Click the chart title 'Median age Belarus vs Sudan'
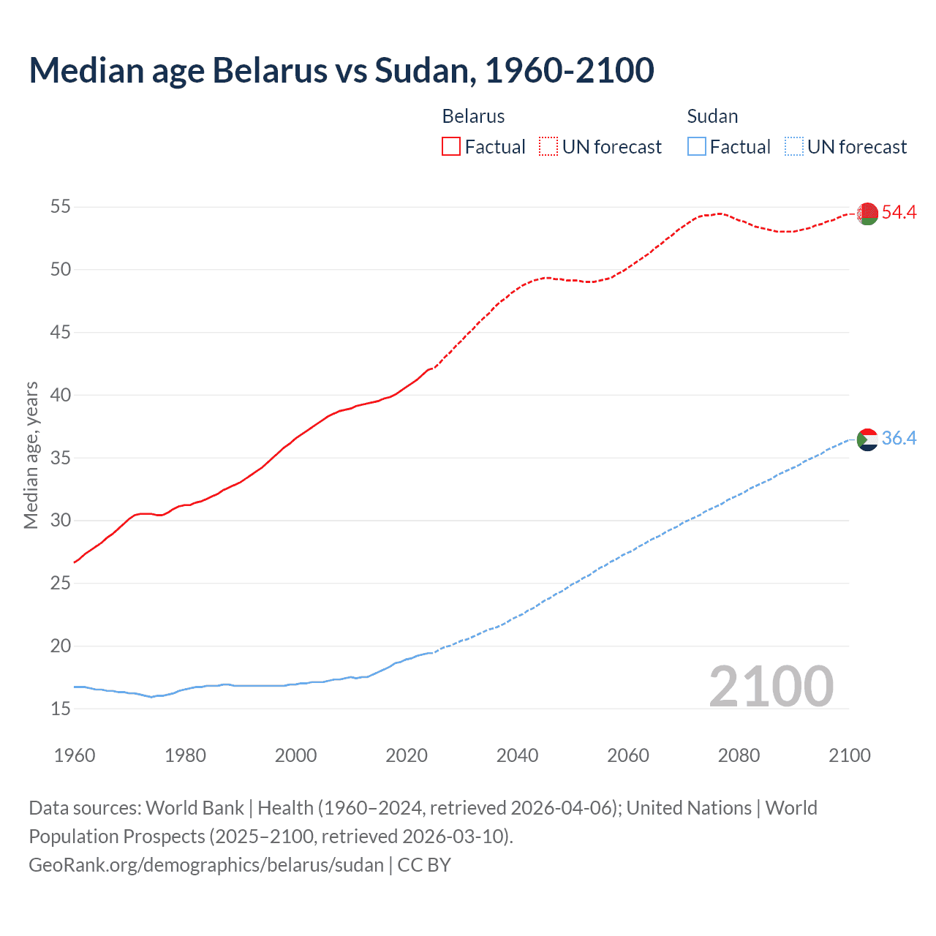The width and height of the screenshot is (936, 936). [x=341, y=70]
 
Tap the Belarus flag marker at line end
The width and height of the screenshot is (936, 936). [x=867, y=214]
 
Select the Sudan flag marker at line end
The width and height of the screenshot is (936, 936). [x=867, y=439]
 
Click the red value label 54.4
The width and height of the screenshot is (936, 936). [x=899, y=213]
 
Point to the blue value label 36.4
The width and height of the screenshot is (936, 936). [x=899, y=439]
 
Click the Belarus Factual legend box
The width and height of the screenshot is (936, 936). [x=451, y=147]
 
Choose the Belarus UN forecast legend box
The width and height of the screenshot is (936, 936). [x=548, y=147]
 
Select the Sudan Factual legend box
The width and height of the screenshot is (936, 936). [x=697, y=147]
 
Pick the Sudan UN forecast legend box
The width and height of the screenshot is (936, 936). [x=793, y=147]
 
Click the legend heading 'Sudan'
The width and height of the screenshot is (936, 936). [x=712, y=116]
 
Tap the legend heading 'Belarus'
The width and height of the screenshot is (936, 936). [x=473, y=116]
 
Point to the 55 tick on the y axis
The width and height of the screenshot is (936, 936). [x=61, y=207]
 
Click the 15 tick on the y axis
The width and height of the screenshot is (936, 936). [x=61, y=709]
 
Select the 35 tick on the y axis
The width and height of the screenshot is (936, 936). [x=61, y=458]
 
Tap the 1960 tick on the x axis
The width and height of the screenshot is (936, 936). [x=75, y=755]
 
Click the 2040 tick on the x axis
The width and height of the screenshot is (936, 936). [x=517, y=755]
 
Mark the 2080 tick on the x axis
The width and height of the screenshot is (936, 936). [x=739, y=755]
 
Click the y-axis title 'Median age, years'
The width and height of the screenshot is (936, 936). [x=31, y=455]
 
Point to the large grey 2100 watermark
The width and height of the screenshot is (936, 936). [x=771, y=687]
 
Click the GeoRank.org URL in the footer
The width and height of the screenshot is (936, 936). [x=206, y=865]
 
